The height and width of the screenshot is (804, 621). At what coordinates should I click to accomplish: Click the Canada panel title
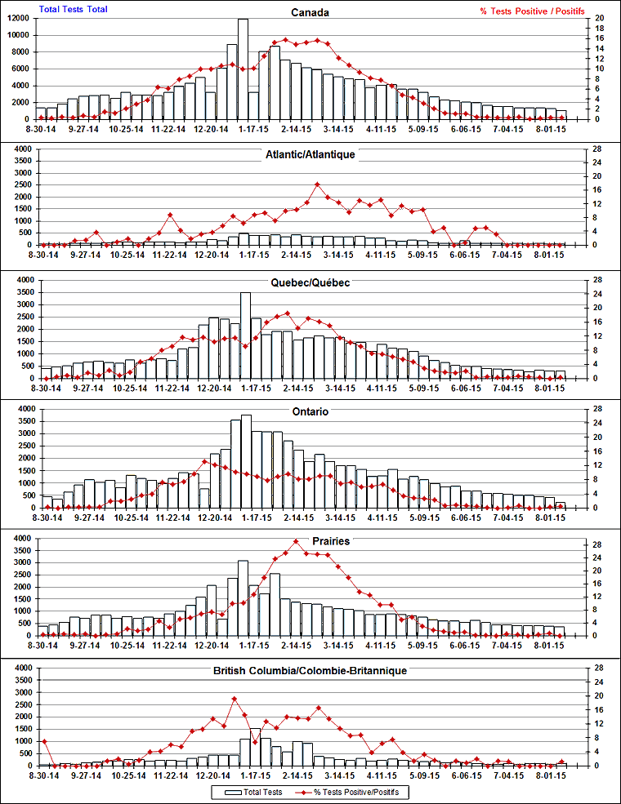click(x=310, y=13)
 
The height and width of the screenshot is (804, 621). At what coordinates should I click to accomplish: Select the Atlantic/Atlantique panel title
click(x=310, y=153)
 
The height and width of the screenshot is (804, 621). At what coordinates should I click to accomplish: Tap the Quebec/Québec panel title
click(x=310, y=282)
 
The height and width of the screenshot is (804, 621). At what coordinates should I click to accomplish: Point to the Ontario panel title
click(x=310, y=411)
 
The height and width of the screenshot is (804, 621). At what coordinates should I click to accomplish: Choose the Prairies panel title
click(x=330, y=541)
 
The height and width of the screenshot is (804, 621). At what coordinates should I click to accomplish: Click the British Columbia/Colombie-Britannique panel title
click(x=310, y=670)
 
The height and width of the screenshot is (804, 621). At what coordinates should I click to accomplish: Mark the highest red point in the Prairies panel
click(x=295, y=541)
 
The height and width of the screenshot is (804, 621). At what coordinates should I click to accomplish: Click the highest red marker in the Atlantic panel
click(x=317, y=184)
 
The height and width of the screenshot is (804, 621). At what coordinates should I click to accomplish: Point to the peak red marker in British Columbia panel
click(x=234, y=699)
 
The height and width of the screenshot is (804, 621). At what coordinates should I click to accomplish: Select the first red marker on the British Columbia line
click(x=43, y=741)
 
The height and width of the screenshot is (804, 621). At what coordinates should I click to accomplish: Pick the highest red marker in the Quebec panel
click(x=287, y=313)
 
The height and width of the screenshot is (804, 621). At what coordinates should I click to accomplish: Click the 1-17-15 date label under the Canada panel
click(x=253, y=128)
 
